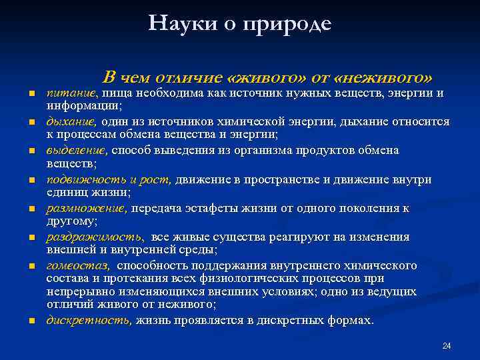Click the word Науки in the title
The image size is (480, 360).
(175, 24)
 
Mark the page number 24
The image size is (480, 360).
(447, 345)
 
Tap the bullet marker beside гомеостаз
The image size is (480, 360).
(31, 267)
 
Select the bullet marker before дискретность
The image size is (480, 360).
(31, 321)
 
